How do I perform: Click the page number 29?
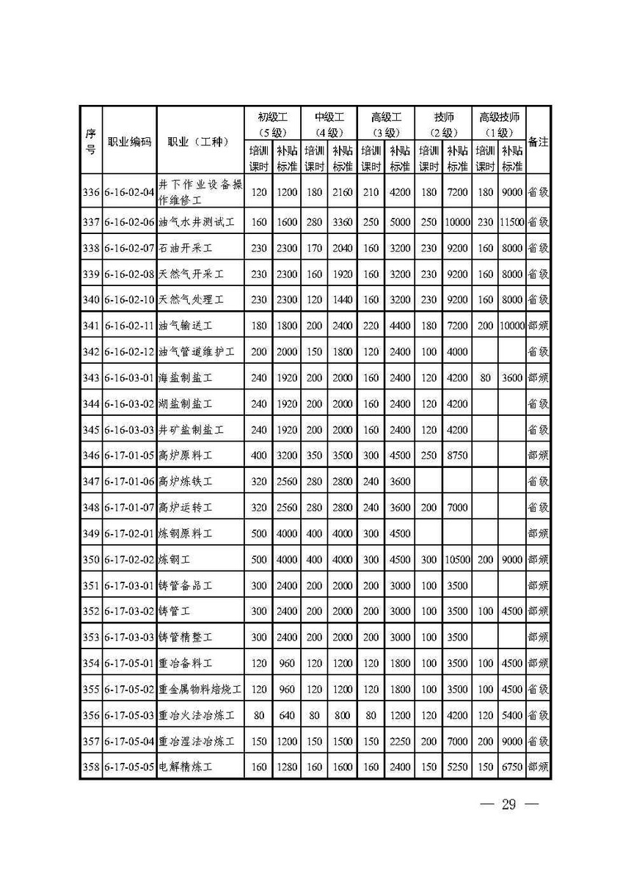click(x=508, y=805)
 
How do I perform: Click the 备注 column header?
click(x=538, y=142)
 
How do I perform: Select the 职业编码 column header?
click(x=129, y=142)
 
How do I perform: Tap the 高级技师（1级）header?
click(x=499, y=124)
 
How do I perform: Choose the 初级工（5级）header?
click(x=272, y=124)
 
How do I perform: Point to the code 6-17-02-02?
click(x=129, y=559)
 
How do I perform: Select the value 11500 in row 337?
click(x=511, y=222)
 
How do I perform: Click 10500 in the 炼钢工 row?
click(x=456, y=559)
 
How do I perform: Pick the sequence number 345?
click(x=90, y=429)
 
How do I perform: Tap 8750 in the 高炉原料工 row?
click(x=456, y=455)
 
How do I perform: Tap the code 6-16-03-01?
click(x=129, y=378)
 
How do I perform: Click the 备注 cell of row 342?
click(x=538, y=351)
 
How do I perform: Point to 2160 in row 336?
click(x=343, y=192)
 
